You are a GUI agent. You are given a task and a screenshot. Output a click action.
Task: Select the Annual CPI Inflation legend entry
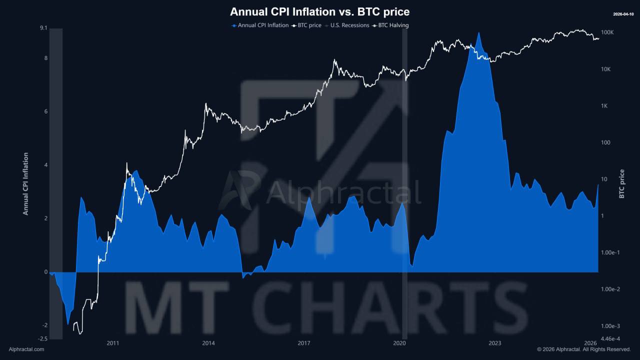pyautogui.click(x=260, y=25)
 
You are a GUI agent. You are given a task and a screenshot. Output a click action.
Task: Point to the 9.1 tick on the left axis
pyautogui.click(x=43, y=28)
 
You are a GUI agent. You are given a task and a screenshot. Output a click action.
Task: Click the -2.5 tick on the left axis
pyautogui.click(x=42, y=339)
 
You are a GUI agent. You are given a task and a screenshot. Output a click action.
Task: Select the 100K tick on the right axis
pyautogui.click(x=607, y=32)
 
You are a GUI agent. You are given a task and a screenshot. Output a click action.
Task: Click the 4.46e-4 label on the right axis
pyautogui.click(x=610, y=339)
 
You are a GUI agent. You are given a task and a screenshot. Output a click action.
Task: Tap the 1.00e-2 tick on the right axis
pyautogui.click(x=610, y=289)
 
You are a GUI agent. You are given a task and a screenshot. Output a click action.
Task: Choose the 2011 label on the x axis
pyautogui.click(x=113, y=343)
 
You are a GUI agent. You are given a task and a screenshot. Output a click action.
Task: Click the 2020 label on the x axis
pyautogui.click(x=399, y=343)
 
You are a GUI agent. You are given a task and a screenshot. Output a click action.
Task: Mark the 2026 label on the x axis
pyautogui.click(x=590, y=343)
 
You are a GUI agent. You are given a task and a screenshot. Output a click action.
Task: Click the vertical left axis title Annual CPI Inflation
pyautogui.click(x=25, y=183)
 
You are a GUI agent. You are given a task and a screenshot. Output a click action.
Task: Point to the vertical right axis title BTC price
pyautogui.click(x=622, y=183)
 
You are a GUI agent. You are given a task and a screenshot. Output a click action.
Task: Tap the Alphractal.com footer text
pyautogui.click(x=26, y=349)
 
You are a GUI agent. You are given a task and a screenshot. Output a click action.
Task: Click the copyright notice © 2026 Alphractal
pyautogui.click(x=584, y=349)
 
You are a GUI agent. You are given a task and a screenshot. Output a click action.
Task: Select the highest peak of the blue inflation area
pyautogui.click(x=479, y=33)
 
